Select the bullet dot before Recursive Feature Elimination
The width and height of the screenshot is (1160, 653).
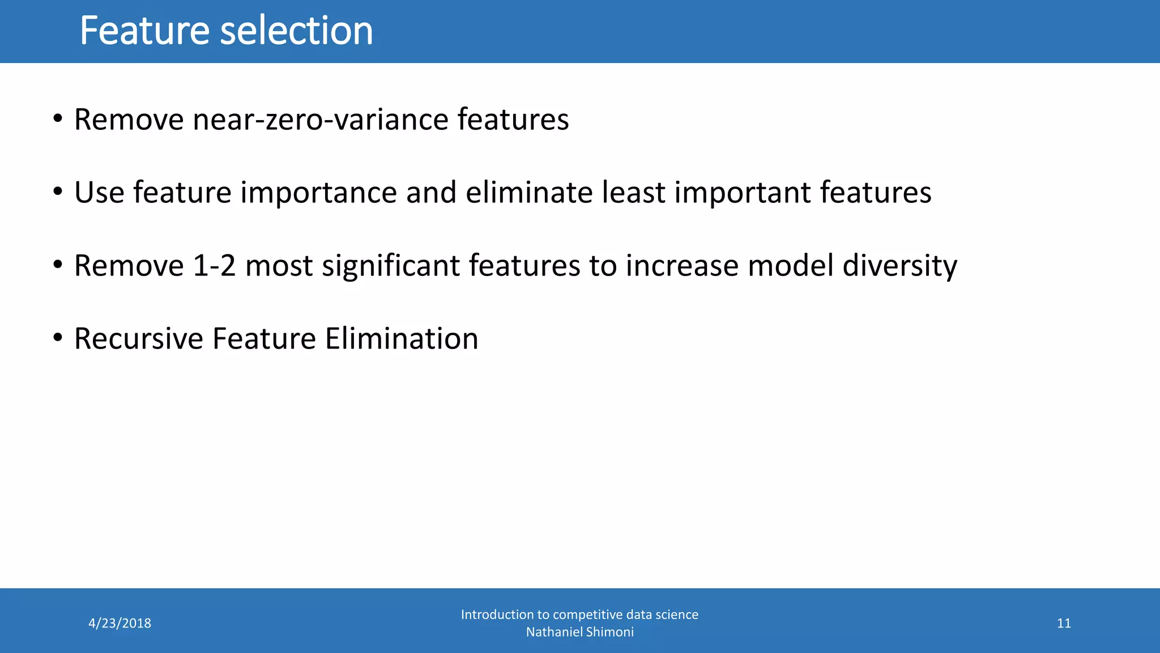tap(57, 338)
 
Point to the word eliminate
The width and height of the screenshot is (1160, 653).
tap(528, 192)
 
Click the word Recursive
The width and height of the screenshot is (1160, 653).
tap(139, 339)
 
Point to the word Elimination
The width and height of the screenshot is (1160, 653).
tap(402, 339)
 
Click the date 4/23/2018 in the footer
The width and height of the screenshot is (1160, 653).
tap(120, 624)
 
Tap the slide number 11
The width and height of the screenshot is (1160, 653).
tap(1064, 624)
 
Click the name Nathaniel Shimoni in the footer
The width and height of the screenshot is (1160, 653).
tap(579, 632)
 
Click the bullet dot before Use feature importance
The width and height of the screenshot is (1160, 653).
tap(57, 192)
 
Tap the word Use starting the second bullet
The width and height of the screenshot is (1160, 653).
tap(99, 193)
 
